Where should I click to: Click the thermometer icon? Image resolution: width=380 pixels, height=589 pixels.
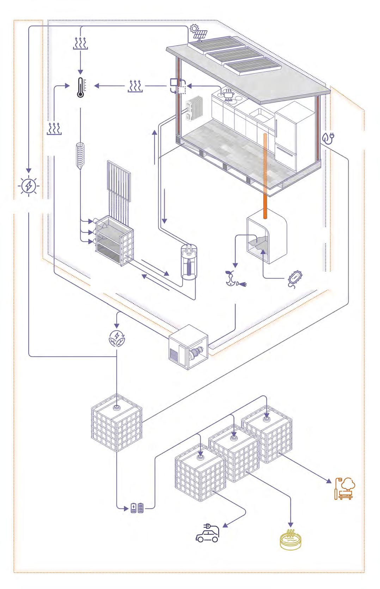pos(80,87)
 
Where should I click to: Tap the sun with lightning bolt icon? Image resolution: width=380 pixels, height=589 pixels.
pos(29,186)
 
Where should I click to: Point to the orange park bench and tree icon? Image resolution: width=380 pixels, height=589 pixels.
pos(345,488)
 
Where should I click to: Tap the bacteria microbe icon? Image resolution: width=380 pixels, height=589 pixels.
pos(295,278)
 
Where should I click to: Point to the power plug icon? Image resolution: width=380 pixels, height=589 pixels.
pos(329,138)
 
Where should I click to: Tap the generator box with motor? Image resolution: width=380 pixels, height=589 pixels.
pos(189,347)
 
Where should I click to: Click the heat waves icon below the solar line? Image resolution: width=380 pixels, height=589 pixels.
pos(80,44)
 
